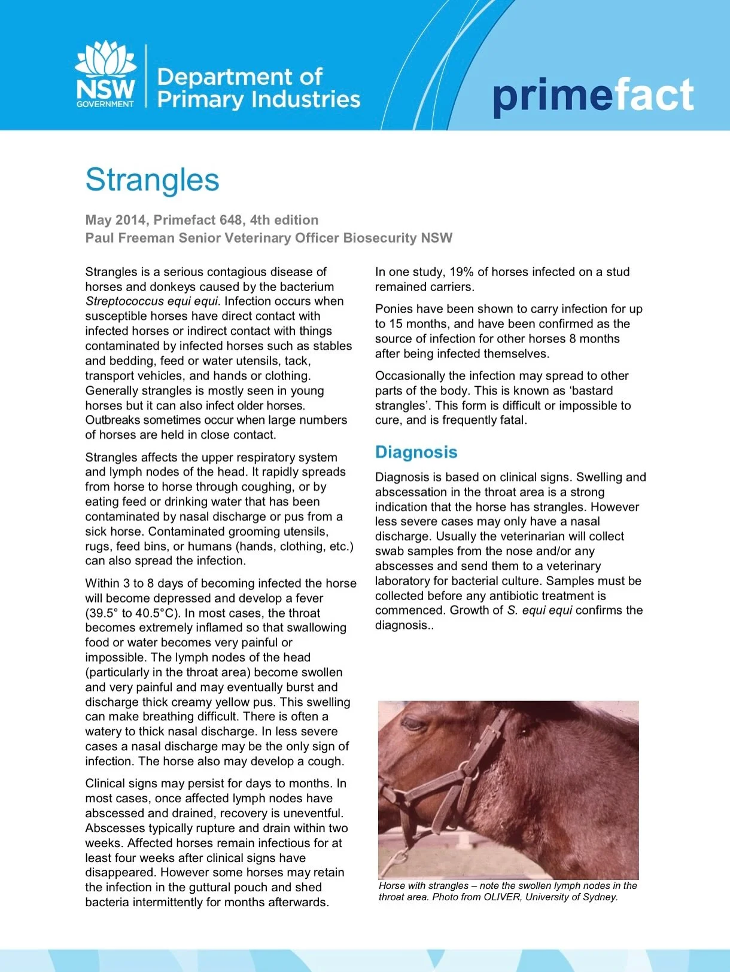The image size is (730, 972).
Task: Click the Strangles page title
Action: click(x=152, y=180)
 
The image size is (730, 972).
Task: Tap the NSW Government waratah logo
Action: click(x=105, y=74)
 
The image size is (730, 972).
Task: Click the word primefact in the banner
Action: click(x=592, y=96)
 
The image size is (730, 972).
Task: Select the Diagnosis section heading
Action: click(x=416, y=452)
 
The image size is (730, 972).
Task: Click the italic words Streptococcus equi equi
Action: click(x=152, y=301)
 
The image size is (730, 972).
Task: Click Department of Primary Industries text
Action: click(x=258, y=88)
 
